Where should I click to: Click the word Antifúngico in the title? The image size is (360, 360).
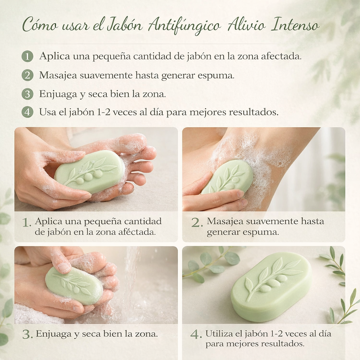[184, 26]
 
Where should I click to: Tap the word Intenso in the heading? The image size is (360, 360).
[295, 25]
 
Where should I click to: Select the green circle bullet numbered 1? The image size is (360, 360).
[27, 56]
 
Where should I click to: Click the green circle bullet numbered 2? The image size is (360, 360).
[27, 75]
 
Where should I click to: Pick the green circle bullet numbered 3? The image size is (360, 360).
[27, 94]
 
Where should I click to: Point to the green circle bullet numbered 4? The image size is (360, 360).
[27, 112]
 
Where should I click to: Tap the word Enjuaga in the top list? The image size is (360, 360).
[58, 95]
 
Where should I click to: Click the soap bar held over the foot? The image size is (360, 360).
[90, 172]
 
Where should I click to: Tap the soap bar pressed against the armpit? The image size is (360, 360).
[227, 177]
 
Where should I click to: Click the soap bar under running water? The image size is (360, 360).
[74, 285]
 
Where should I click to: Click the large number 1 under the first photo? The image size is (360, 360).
[27, 223]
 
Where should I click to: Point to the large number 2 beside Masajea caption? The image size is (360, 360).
[197, 223]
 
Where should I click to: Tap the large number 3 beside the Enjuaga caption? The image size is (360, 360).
[27, 335]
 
